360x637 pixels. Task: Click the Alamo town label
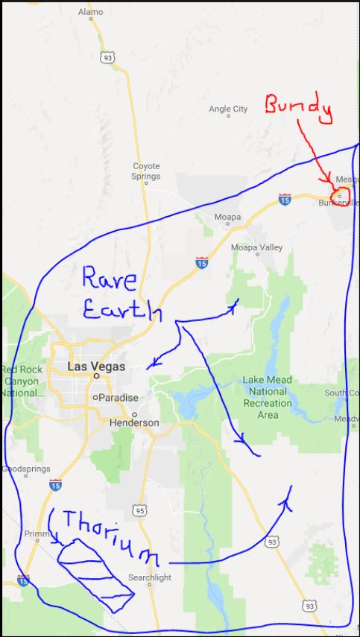pyautogui.click(x=91, y=13)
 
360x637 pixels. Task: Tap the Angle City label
pyautogui.click(x=228, y=110)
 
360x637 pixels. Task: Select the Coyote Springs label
pyautogui.click(x=146, y=171)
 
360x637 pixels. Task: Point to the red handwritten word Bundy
pyautogui.click(x=298, y=109)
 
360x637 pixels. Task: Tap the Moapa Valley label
pyautogui.click(x=256, y=247)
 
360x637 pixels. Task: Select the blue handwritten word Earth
pyautogui.click(x=121, y=308)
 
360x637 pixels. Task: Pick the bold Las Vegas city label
pyautogui.click(x=96, y=367)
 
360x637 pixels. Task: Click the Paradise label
pyautogui.click(x=119, y=398)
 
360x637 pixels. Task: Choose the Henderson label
pyautogui.click(x=134, y=422)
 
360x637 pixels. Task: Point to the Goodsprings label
pyautogui.click(x=26, y=469)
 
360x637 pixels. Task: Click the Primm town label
pyautogui.click(x=36, y=533)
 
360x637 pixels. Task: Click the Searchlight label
pyautogui.click(x=150, y=577)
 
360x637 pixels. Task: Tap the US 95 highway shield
pyautogui.click(x=141, y=510)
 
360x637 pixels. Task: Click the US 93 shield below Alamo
pyautogui.click(x=108, y=56)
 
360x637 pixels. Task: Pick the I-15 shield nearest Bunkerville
pyautogui.click(x=284, y=200)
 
